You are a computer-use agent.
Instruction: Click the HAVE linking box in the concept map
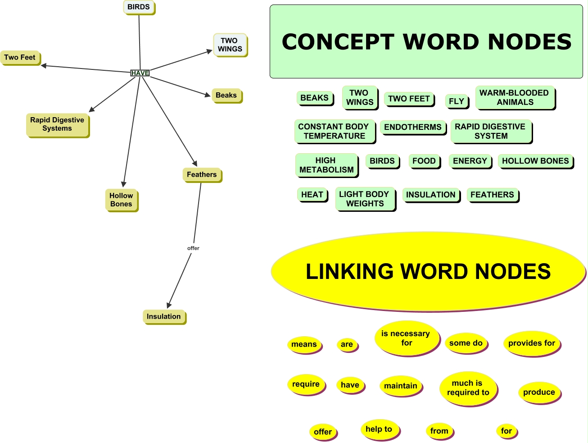click(x=140, y=73)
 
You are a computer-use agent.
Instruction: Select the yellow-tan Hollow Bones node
click(x=121, y=200)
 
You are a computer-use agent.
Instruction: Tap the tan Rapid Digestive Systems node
click(x=57, y=124)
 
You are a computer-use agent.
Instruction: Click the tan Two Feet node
click(x=20, y=58)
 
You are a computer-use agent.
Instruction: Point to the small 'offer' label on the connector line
click(x=193, y=248)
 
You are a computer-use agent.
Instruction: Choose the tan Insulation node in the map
click(x=163, y=316)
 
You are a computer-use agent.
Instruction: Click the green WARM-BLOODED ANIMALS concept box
click(x=514, y=97)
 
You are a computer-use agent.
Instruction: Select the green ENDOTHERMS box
click(x=412, y=127)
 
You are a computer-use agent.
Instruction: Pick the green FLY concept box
click(x=456, y=101)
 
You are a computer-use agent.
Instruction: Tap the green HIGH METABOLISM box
click(x=326, y=165)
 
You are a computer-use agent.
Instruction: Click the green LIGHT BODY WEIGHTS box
click(x=364, y=199)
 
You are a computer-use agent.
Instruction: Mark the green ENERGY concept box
click(x=470, y=161)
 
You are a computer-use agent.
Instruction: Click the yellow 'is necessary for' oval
click(x=406, y=338)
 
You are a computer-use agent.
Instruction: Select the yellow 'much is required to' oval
click(x=468, y=388)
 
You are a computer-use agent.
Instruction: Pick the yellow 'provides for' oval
click(x=531, y=343)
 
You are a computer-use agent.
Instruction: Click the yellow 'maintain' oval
click(x=400, y=386)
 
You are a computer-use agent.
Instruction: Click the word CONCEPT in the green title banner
click(x=338, y=42)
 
